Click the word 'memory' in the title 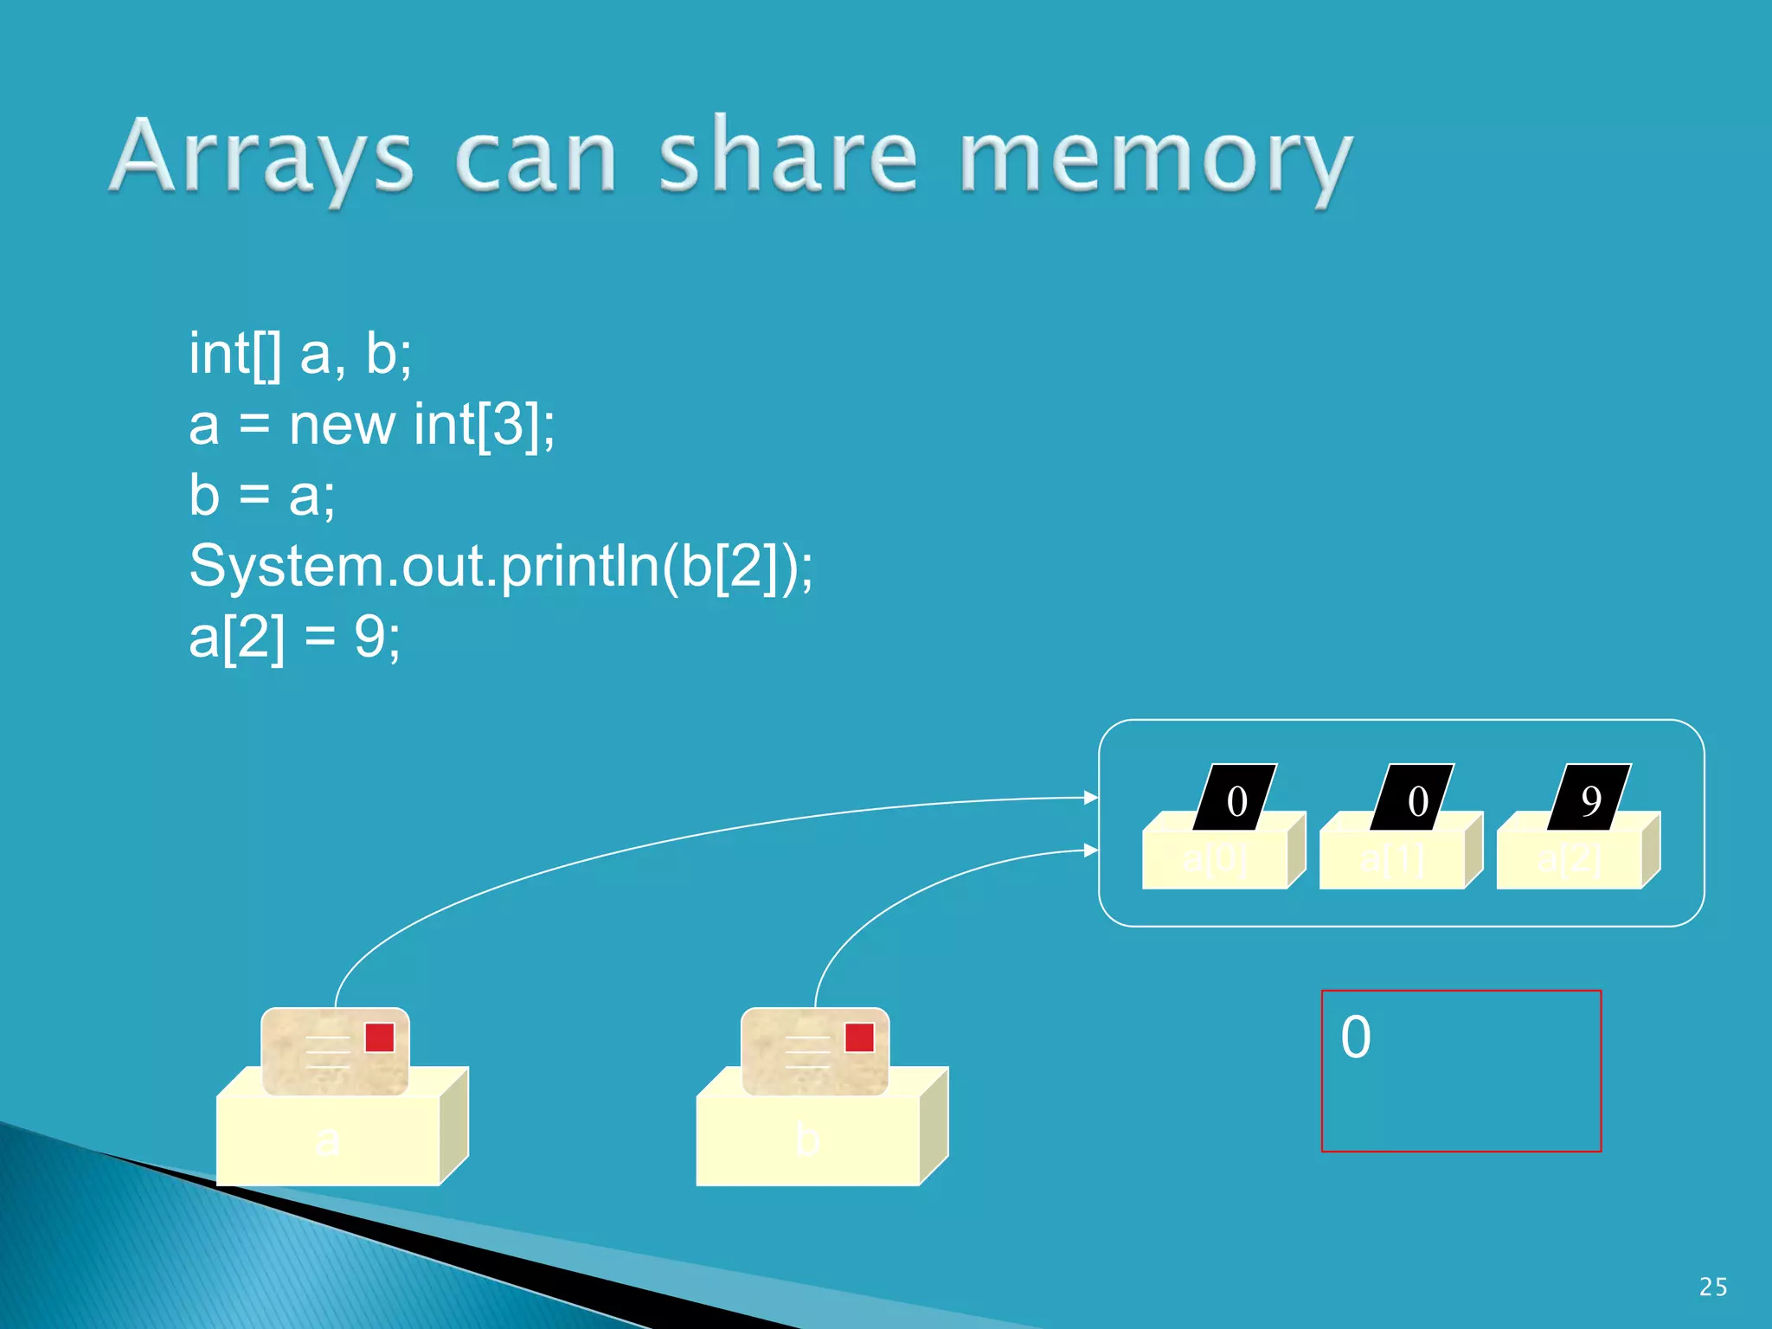tap(1156, 160)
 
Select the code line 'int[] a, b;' tap(300, 354)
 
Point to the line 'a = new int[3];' tap(372, 425)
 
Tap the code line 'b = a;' tap(262, 496)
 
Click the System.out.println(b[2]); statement tap(501, 567)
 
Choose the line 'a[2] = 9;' tap(295, 638)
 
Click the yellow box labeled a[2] tap(1570, 859)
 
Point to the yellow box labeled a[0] tap(1215, 859)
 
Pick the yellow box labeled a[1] tap(1392, 859)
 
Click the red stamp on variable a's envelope tap(380, 1037)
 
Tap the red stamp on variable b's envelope tap(859, 1037)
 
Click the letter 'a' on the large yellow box tap(327, 1140)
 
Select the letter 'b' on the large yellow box tap(807, 1140)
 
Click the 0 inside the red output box tap(1356, 1037)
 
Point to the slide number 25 tap(1713, 1287)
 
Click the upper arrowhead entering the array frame tap(1091, 797)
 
